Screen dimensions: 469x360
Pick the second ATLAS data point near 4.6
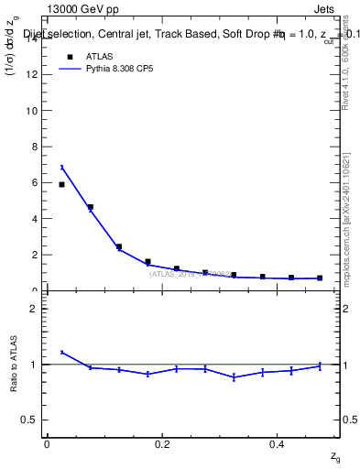point(90,207)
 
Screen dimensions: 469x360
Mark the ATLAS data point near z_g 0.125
point(119,246)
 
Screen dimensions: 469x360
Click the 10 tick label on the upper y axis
point(32,111)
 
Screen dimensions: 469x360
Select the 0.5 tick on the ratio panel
point(32,420)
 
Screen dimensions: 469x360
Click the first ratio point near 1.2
point(61,352)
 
